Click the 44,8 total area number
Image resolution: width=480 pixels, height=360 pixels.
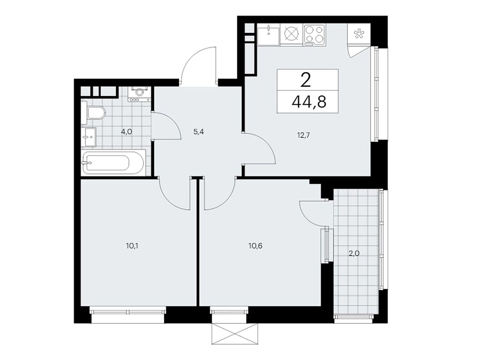click(309, 102)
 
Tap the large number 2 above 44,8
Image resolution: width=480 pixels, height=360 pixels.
click(306, 80)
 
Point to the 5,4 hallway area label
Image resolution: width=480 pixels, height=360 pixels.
click(199, 132)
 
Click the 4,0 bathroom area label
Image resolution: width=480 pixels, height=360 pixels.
click(127, 132)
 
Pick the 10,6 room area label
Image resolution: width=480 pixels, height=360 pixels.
click(255, 246)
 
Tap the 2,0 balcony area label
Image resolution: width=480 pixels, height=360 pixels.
click(354, 253)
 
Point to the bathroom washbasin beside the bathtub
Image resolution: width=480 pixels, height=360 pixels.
click(88, 137)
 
